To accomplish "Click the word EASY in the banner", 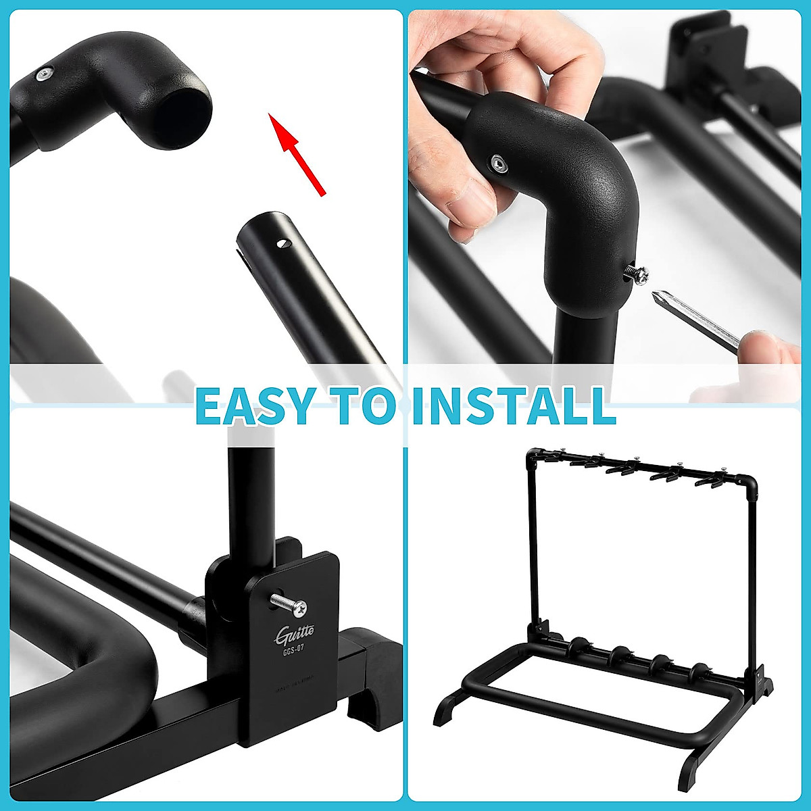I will tap(255, 405).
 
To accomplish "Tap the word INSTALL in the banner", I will tap(514, 405).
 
